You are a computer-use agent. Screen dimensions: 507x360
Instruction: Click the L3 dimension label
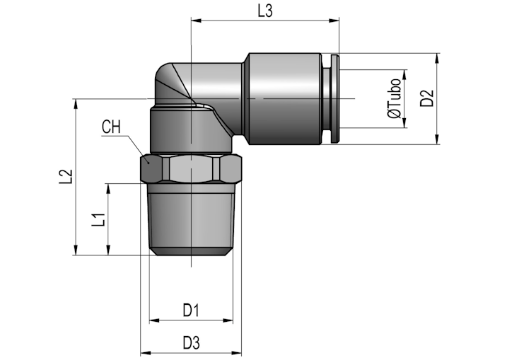coord(265,11)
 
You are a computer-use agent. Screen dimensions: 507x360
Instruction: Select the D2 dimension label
coord(427,98)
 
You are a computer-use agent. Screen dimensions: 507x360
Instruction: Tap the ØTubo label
coord(394,98)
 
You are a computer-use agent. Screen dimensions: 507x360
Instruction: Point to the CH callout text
coord(111,127)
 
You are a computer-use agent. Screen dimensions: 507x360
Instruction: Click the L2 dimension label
coord(66,177)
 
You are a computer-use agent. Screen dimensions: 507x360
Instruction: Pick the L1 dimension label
coord(98,220)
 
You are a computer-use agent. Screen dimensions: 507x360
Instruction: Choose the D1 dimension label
coord(191,310)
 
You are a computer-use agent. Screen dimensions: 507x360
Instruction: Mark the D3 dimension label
coord(192,343)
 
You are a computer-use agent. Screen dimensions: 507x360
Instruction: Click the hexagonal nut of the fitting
coord(191,169)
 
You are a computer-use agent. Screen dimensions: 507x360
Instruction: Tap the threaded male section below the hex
coord(192,219)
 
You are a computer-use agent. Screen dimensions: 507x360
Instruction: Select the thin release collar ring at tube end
coord(335,98)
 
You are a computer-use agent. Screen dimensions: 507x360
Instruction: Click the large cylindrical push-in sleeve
coord(284,98)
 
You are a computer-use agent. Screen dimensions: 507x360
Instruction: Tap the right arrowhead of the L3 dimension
coord(334,21)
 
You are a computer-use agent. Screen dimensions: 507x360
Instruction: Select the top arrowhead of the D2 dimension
coord(437,59)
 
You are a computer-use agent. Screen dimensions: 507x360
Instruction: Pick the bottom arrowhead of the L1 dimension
coord(108,250)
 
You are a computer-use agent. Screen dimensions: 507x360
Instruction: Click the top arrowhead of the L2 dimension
coord(76,104)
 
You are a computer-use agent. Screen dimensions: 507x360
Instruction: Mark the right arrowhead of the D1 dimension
coord(228,320)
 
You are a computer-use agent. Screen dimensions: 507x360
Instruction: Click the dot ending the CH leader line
coord(148,163)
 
